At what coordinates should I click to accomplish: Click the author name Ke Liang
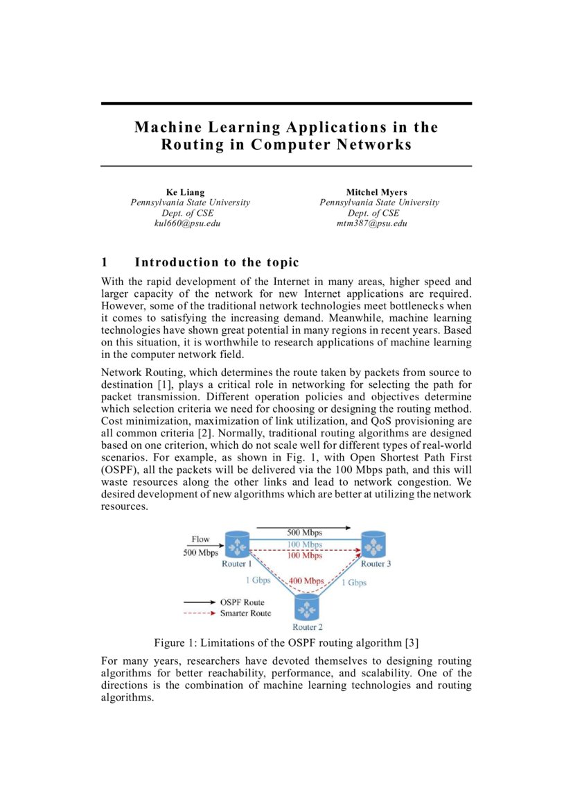(x=185, y=191)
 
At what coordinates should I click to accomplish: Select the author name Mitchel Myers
(x=377, y=191)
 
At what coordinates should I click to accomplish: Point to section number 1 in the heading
(x=105, y=262)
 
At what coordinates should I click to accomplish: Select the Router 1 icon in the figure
(x=237, y=545)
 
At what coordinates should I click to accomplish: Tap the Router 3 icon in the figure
(x=374, y=545)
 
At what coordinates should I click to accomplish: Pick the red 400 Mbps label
(x=306, y=580)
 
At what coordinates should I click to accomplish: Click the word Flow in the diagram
(x=200, y=539)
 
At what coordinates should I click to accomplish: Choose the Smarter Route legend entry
(x=245, y=613)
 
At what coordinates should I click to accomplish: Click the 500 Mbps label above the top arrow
(x=304, y=532)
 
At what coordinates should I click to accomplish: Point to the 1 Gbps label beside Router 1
(x=257, y=580)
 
